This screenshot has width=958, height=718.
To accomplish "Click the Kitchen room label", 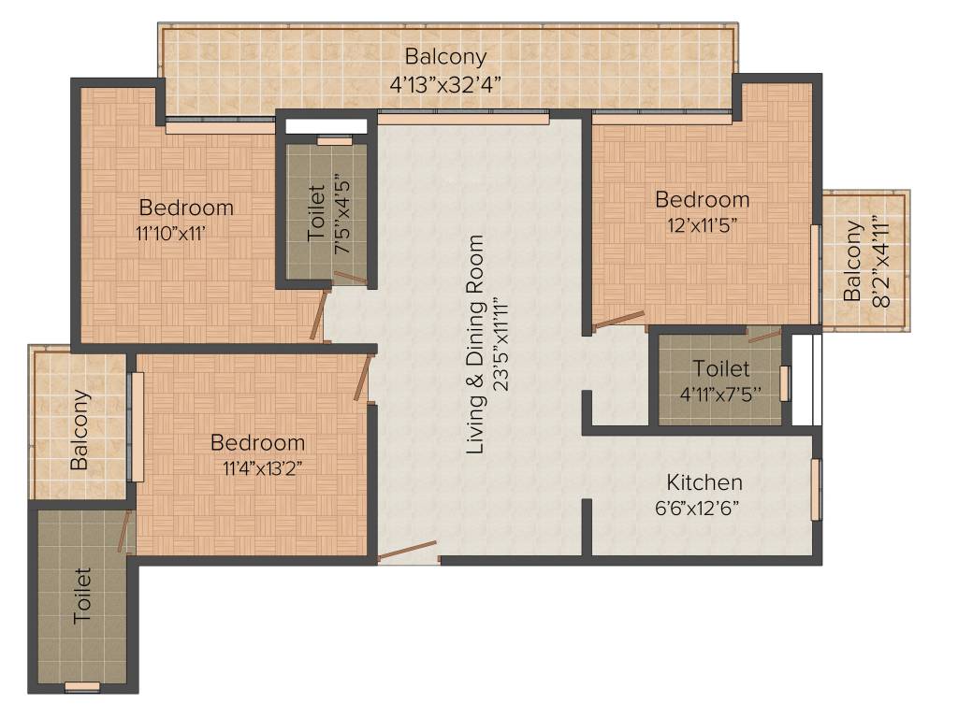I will coord(704,482).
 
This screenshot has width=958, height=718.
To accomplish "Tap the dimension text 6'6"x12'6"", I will coord(704,509).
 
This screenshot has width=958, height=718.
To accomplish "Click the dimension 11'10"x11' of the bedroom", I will coord(168,232).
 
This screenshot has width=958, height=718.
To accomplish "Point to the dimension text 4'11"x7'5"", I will coord(719,394).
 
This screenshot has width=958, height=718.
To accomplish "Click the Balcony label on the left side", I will coord(81,429).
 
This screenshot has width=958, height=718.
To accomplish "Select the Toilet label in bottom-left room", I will coord(81,596).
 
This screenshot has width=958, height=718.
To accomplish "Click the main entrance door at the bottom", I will coord(407,552).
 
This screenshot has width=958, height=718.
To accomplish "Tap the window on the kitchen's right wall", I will coord(816,489).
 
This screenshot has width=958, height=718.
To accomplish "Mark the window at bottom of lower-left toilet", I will coord(81,687).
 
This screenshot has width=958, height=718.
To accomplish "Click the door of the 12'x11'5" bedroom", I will coord(618,320).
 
